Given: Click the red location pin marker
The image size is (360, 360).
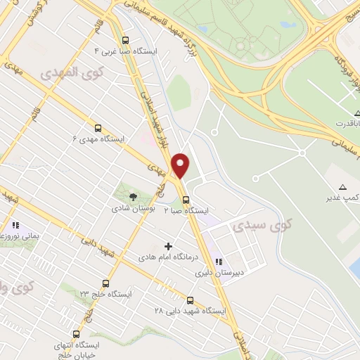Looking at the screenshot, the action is pos(181,166).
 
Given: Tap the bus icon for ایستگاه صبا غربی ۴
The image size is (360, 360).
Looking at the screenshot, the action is pos(125,40).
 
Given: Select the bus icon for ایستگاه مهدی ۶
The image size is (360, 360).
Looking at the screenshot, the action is pos(98,128).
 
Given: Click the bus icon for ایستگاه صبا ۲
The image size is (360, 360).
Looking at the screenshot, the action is pos(186,199).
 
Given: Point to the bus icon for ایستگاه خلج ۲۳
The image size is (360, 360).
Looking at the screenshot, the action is pos(105,283).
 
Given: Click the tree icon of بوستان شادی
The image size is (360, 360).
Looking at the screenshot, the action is pos(127,197).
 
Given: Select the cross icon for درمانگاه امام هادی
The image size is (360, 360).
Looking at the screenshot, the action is pos(167,246).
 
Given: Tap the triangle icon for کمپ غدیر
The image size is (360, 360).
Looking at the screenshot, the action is pos(343,186).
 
